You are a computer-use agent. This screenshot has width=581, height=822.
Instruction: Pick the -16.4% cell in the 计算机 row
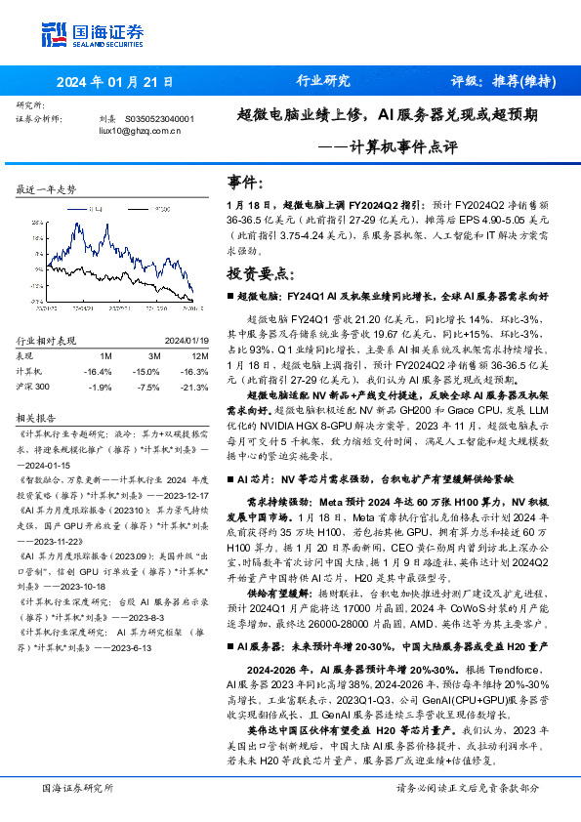coord(97,371)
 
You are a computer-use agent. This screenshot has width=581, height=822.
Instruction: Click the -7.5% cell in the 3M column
coord(146,387)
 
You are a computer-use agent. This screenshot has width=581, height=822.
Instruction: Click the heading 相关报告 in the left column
coord(36,416)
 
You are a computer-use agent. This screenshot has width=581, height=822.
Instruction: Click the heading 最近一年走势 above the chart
coord(47,189)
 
